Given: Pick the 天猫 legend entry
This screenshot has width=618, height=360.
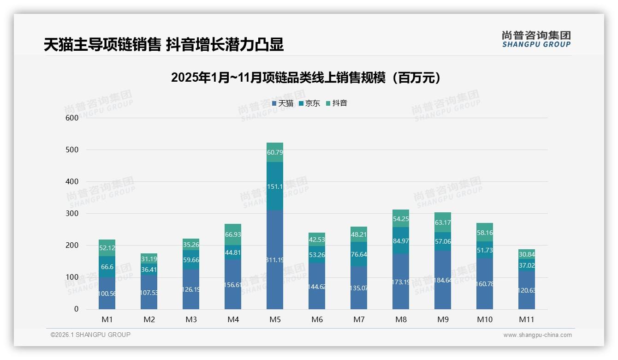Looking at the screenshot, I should [282, 103].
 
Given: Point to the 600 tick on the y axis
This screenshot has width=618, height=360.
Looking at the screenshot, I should [72, 118].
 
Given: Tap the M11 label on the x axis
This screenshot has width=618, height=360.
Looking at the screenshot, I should [526, 319].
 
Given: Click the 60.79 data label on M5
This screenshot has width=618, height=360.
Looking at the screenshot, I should [275, 152].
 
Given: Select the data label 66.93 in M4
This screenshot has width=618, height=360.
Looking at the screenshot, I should [233, 234].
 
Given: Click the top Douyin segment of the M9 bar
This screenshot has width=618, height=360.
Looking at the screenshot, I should [443, 222].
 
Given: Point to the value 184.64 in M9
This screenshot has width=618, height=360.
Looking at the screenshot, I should [443, 280].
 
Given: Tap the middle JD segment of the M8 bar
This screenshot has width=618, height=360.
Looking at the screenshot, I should [401, 240].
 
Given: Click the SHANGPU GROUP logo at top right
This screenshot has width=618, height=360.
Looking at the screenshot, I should [536, 39].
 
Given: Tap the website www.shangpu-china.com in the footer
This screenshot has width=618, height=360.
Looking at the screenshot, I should [537, 335].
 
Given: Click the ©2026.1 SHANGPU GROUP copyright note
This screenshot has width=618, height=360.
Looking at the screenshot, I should [90, 335].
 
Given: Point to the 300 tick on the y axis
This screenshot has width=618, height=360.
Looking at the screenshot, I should [72, 213].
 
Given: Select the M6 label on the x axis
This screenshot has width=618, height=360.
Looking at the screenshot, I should [317, 319].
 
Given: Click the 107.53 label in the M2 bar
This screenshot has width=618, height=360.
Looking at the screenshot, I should [149, 293].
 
